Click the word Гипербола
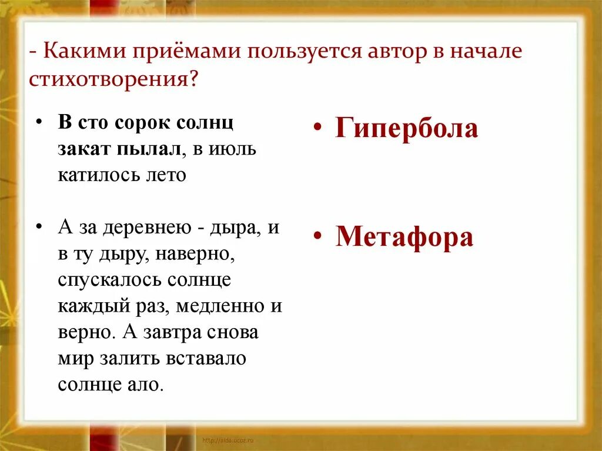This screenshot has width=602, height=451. tap(407, 128)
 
